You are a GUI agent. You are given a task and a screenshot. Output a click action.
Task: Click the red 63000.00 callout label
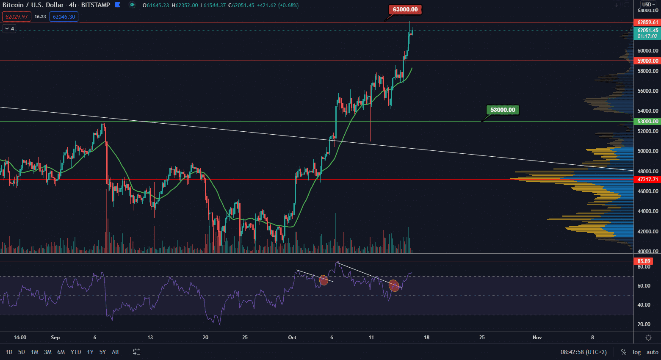[405, 9]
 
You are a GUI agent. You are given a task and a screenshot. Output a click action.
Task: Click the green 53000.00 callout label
[503, 110]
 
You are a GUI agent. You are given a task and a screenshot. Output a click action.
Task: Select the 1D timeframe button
[9, 352]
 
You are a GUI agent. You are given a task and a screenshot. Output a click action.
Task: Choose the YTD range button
[76, 352]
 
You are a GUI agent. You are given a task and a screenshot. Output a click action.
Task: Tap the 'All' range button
[115, 352]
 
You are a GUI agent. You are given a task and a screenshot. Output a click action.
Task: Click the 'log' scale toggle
[637, 352]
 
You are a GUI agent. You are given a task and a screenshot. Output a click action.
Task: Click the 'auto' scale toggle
[653, 352]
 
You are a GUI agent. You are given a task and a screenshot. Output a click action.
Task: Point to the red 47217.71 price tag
[648, 180]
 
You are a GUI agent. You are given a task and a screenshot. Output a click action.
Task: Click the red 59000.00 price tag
[648, 61]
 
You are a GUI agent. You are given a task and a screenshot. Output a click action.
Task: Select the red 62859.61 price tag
[648, 22]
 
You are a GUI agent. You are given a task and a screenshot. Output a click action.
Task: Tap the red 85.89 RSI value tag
[644, 261]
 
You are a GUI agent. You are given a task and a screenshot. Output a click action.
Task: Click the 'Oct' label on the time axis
[292, 338]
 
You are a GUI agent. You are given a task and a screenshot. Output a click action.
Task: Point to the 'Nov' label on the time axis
[537, 338]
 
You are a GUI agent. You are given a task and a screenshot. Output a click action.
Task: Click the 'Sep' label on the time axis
[55, 338]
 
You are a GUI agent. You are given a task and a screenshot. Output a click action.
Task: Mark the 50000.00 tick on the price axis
[648, 151]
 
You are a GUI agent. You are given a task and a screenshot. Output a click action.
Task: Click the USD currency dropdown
[648, 5]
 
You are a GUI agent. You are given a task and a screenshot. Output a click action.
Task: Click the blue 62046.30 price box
[64, 17]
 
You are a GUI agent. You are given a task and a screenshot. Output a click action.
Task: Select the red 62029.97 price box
[17, 17]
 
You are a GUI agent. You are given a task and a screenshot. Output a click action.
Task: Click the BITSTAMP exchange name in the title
[95, 5]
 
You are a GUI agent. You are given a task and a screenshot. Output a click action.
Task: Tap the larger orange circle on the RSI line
[394, 285]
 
